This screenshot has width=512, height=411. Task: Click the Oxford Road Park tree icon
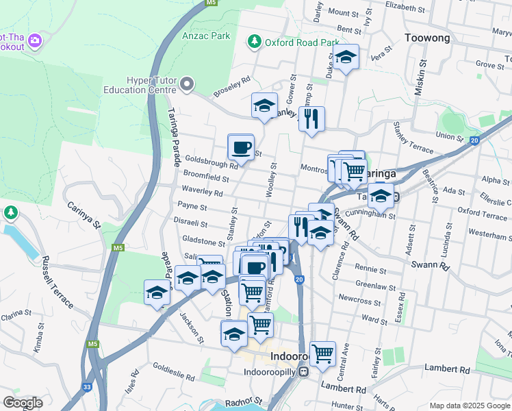tap(255, 42)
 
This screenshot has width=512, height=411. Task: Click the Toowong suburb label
tap(426, 38)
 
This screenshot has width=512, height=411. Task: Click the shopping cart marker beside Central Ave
tap(322, 354)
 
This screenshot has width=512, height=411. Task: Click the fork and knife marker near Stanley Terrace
tap(311, 119)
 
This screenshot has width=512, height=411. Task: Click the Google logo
tap(23, 402)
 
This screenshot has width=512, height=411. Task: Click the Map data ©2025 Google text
tap(470, 406)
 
